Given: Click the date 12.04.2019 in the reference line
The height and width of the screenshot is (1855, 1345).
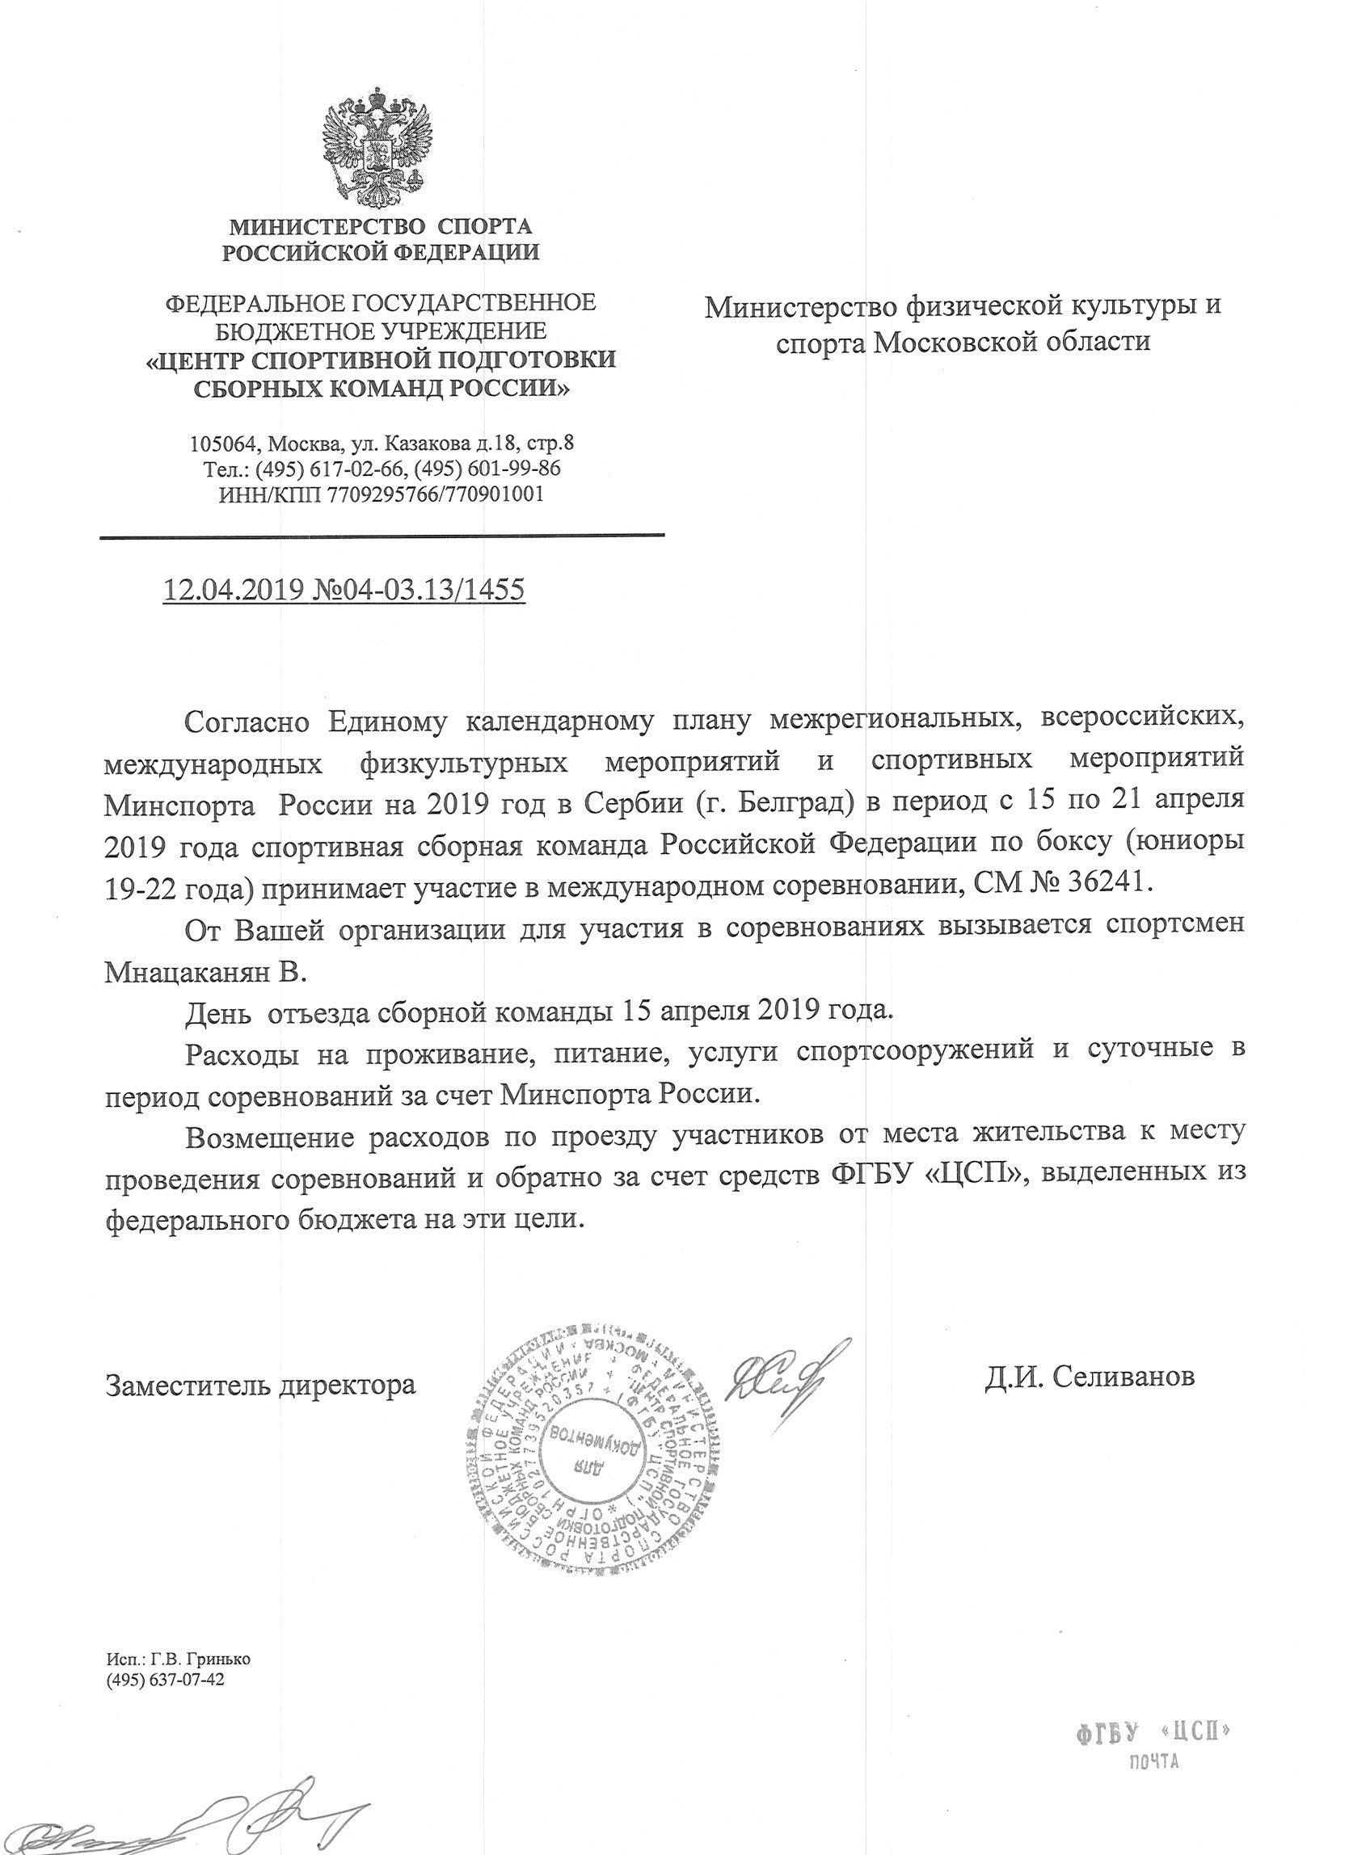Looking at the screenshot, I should (233, 590).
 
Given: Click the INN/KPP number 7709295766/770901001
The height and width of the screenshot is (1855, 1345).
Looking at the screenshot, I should (434, 494).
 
